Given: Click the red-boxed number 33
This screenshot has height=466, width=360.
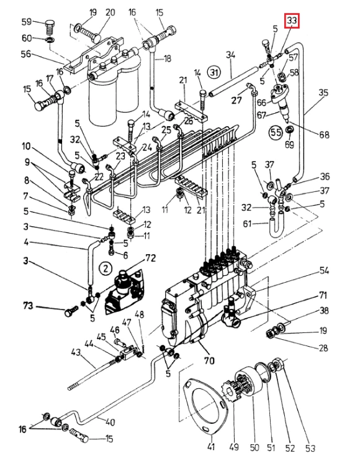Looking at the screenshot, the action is [x=292, y=21].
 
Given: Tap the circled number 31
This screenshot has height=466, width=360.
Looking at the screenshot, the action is [x=214, y=72].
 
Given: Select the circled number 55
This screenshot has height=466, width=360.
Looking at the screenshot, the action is [x=276, y=132].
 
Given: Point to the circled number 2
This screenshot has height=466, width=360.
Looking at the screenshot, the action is [x=106, y=269].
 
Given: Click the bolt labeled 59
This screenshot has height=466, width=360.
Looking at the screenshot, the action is [x=50, y=27].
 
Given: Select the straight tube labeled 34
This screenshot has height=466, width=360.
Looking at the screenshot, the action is [x=233, y=81].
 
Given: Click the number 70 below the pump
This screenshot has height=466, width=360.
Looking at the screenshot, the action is [x=209, y=360].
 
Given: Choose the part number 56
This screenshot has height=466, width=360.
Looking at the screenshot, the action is [x=26, y=54].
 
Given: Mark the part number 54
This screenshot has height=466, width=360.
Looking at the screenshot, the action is [x=324, y=270].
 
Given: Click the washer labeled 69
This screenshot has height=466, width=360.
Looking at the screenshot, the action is [x=289, y=130].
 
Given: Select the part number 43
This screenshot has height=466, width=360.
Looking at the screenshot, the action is [x=76, y=352].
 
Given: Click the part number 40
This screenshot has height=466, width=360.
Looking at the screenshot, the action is [x=110, y=422].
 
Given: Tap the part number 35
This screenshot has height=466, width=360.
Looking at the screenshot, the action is [x=323, y=93].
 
